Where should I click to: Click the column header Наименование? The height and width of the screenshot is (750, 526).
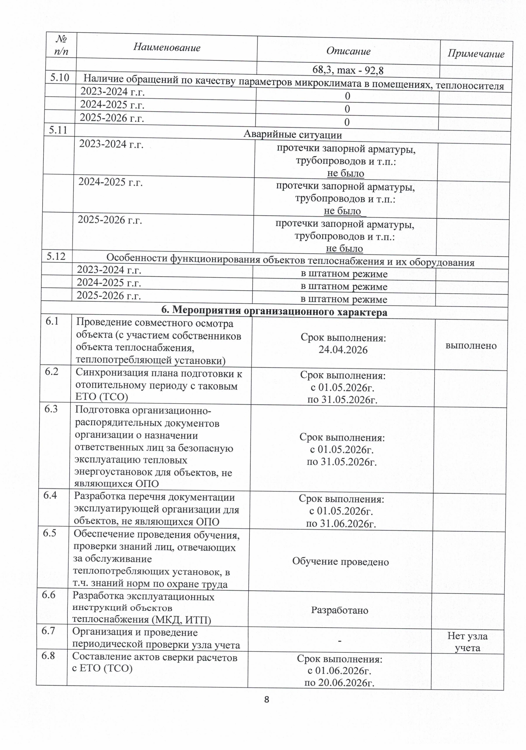click(167, 48)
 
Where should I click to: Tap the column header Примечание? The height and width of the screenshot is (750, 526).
click(476, 54)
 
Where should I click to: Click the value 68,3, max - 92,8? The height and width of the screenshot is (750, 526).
click(348, 70)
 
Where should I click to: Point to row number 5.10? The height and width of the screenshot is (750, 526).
click(59, 78)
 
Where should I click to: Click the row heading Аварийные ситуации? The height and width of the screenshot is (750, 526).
click(292, 134)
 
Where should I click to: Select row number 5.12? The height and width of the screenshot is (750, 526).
click(56, 256)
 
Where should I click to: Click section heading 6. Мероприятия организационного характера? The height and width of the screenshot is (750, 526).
click(274, 312)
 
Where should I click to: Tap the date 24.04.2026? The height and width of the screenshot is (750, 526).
click(343, 350)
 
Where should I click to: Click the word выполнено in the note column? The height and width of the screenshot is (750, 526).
click(471, 345)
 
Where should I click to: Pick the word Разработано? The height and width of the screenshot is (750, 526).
click(340, 610)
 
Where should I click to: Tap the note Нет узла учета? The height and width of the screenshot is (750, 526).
click(468, 642)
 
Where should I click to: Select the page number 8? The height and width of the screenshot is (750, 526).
click(267, 699)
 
